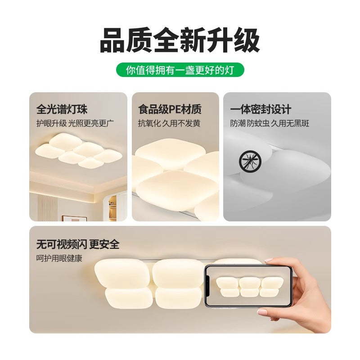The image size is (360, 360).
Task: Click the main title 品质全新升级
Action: click(180, 40)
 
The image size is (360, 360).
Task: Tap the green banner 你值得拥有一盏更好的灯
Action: click(180, 70)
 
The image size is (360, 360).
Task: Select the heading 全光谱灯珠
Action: click(62, 109)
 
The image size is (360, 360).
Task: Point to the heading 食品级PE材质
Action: click(170, 109)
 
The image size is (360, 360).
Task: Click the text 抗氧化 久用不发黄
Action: click(169, 123)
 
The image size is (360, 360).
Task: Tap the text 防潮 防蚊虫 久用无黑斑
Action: click(270, 123)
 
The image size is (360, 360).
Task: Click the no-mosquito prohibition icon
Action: click(247, 160)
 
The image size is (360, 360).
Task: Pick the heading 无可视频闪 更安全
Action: click(78, 244)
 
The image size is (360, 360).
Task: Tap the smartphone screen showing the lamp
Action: click(248, 286)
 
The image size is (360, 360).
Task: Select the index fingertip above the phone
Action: click(270, 260)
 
